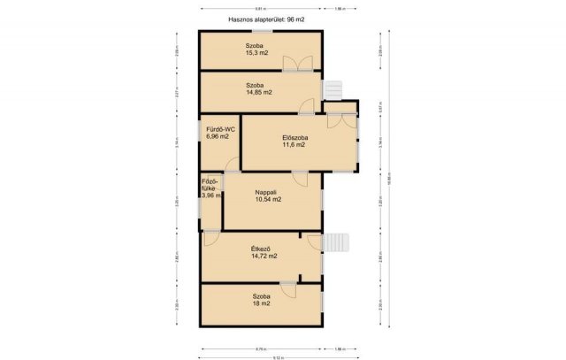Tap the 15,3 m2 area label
[258, 52]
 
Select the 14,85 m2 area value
[258, 92]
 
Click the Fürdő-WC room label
[218, 128]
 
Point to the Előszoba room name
[294, 136]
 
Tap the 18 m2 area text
[261, 303]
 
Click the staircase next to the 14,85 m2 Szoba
[333, 90]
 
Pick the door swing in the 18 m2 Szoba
[288, 289]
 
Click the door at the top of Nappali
[301, 177]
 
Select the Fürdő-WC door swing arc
[231, 164]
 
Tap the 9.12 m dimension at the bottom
[278, 357]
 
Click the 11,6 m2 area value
[294, 144]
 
